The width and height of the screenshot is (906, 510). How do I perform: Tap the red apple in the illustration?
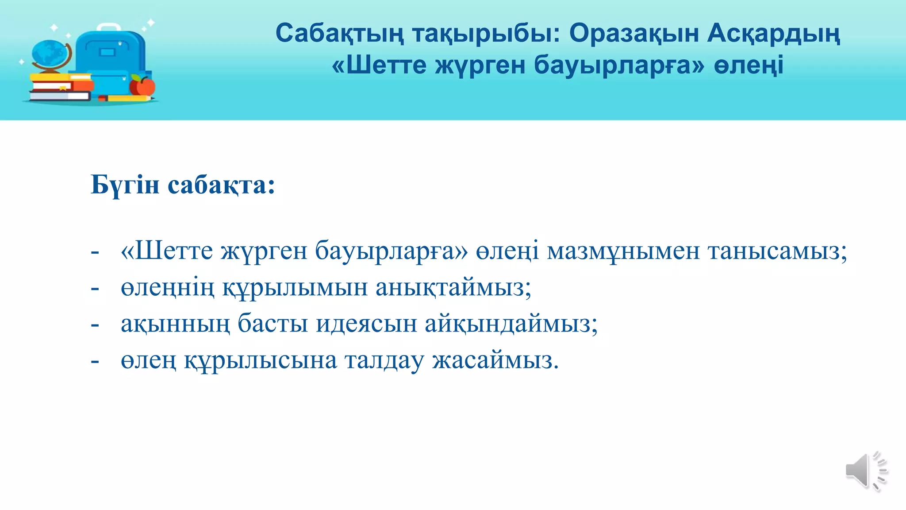click(x=142, y=86)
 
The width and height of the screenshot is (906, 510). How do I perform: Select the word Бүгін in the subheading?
click(x=125, y=185)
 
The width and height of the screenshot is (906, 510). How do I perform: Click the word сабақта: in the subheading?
click(x=221, y=185)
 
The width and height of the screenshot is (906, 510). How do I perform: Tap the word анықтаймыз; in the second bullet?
click(x=453, y=288)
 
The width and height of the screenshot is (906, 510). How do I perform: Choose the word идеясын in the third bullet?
click(x=366, y=324)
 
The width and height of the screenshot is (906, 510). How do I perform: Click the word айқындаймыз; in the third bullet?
click(x=511, y=324)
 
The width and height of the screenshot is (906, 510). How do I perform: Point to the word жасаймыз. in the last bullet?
click(x=495, y=360)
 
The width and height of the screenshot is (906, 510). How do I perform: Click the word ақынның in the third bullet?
click(x=175, y=324)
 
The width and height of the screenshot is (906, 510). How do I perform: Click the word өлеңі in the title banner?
click(x=749, y=66)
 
